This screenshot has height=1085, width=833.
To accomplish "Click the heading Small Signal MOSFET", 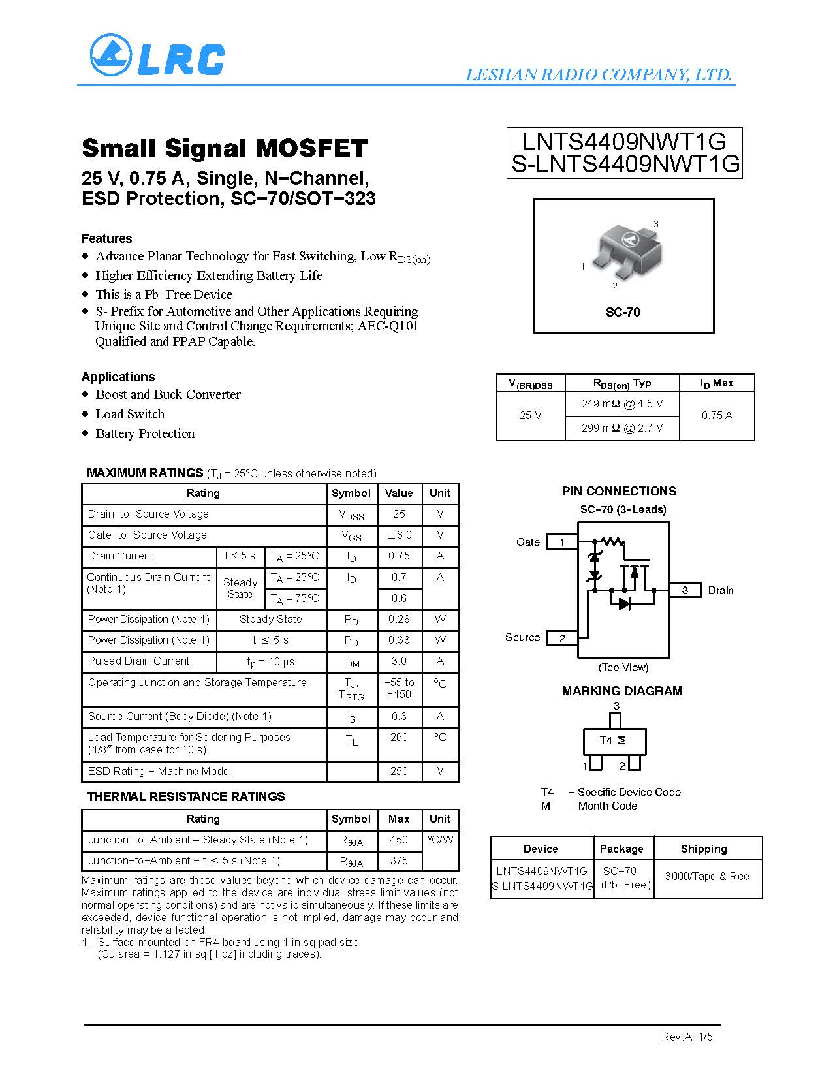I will point(225,148).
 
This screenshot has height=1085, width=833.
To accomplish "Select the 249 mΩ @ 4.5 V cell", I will point(621,403).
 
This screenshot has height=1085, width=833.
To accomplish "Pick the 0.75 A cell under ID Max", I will point(717,415).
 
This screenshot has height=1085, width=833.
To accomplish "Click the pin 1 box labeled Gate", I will point(561,542).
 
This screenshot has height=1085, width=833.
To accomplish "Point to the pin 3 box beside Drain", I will point(685,590).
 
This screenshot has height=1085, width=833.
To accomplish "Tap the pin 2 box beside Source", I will point(561,638).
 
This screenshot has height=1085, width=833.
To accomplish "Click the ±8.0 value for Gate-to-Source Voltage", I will point(399,535).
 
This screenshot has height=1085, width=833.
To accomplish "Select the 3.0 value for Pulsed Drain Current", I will point(399,661).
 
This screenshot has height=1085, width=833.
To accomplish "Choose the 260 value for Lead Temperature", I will point(399,737).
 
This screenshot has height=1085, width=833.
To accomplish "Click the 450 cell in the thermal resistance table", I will point(399,840).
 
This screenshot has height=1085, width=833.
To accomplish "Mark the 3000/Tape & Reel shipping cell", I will point(708,876).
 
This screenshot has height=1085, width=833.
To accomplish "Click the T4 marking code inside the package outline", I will point(606,740).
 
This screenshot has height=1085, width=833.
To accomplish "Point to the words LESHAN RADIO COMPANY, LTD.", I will point(599,74).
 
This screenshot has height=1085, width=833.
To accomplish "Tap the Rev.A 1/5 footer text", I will point(687,1037).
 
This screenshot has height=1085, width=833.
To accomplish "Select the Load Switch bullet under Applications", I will point(130,414).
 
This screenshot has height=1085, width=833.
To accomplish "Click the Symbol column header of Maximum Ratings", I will point(351,493).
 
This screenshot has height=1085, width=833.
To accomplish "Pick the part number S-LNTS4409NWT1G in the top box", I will point(625,165).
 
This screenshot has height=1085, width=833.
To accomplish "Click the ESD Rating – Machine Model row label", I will point(159,771).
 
